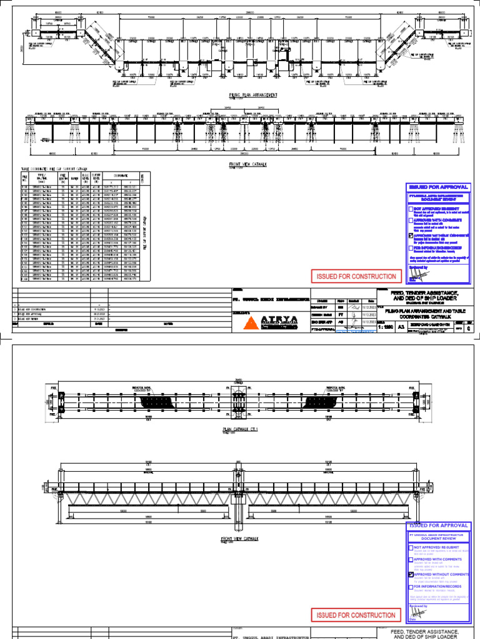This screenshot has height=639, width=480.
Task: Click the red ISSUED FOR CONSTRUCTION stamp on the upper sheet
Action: coord(355,276)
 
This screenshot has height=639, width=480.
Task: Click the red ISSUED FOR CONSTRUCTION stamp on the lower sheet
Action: coord(355,616)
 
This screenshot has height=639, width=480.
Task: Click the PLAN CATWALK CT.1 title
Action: coord(240,429)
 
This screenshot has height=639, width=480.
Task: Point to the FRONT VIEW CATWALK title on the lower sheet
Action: coord(240,537)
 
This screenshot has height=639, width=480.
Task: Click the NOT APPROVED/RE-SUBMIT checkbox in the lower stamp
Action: coord(411,547)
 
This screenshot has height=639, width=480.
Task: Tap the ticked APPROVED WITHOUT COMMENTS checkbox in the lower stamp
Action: coord(411,574)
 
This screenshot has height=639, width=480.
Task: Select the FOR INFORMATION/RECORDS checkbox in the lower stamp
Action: coord(411,587)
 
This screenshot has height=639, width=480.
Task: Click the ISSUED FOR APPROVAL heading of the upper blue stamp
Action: coord(437,187)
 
